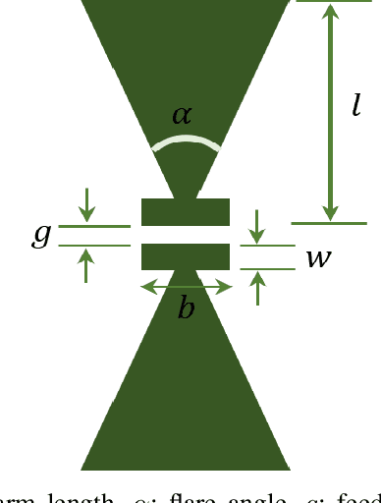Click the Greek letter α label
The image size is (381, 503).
(x=183, y=115)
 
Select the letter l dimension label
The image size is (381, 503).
(x=355, y=105)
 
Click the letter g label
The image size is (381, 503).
(x=41, y=236)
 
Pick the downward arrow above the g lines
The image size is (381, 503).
(x=88, y=203)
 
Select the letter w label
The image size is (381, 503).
(x=317, y=258)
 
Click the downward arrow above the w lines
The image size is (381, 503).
(x=257, y=226)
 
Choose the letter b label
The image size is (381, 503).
(x=186, y=309)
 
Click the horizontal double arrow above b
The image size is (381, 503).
(x=186, y=287)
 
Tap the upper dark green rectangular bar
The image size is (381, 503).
(x=186, y=211)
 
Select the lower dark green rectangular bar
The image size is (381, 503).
(x=186, y=256)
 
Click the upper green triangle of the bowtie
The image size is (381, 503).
(x=186, y=59)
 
